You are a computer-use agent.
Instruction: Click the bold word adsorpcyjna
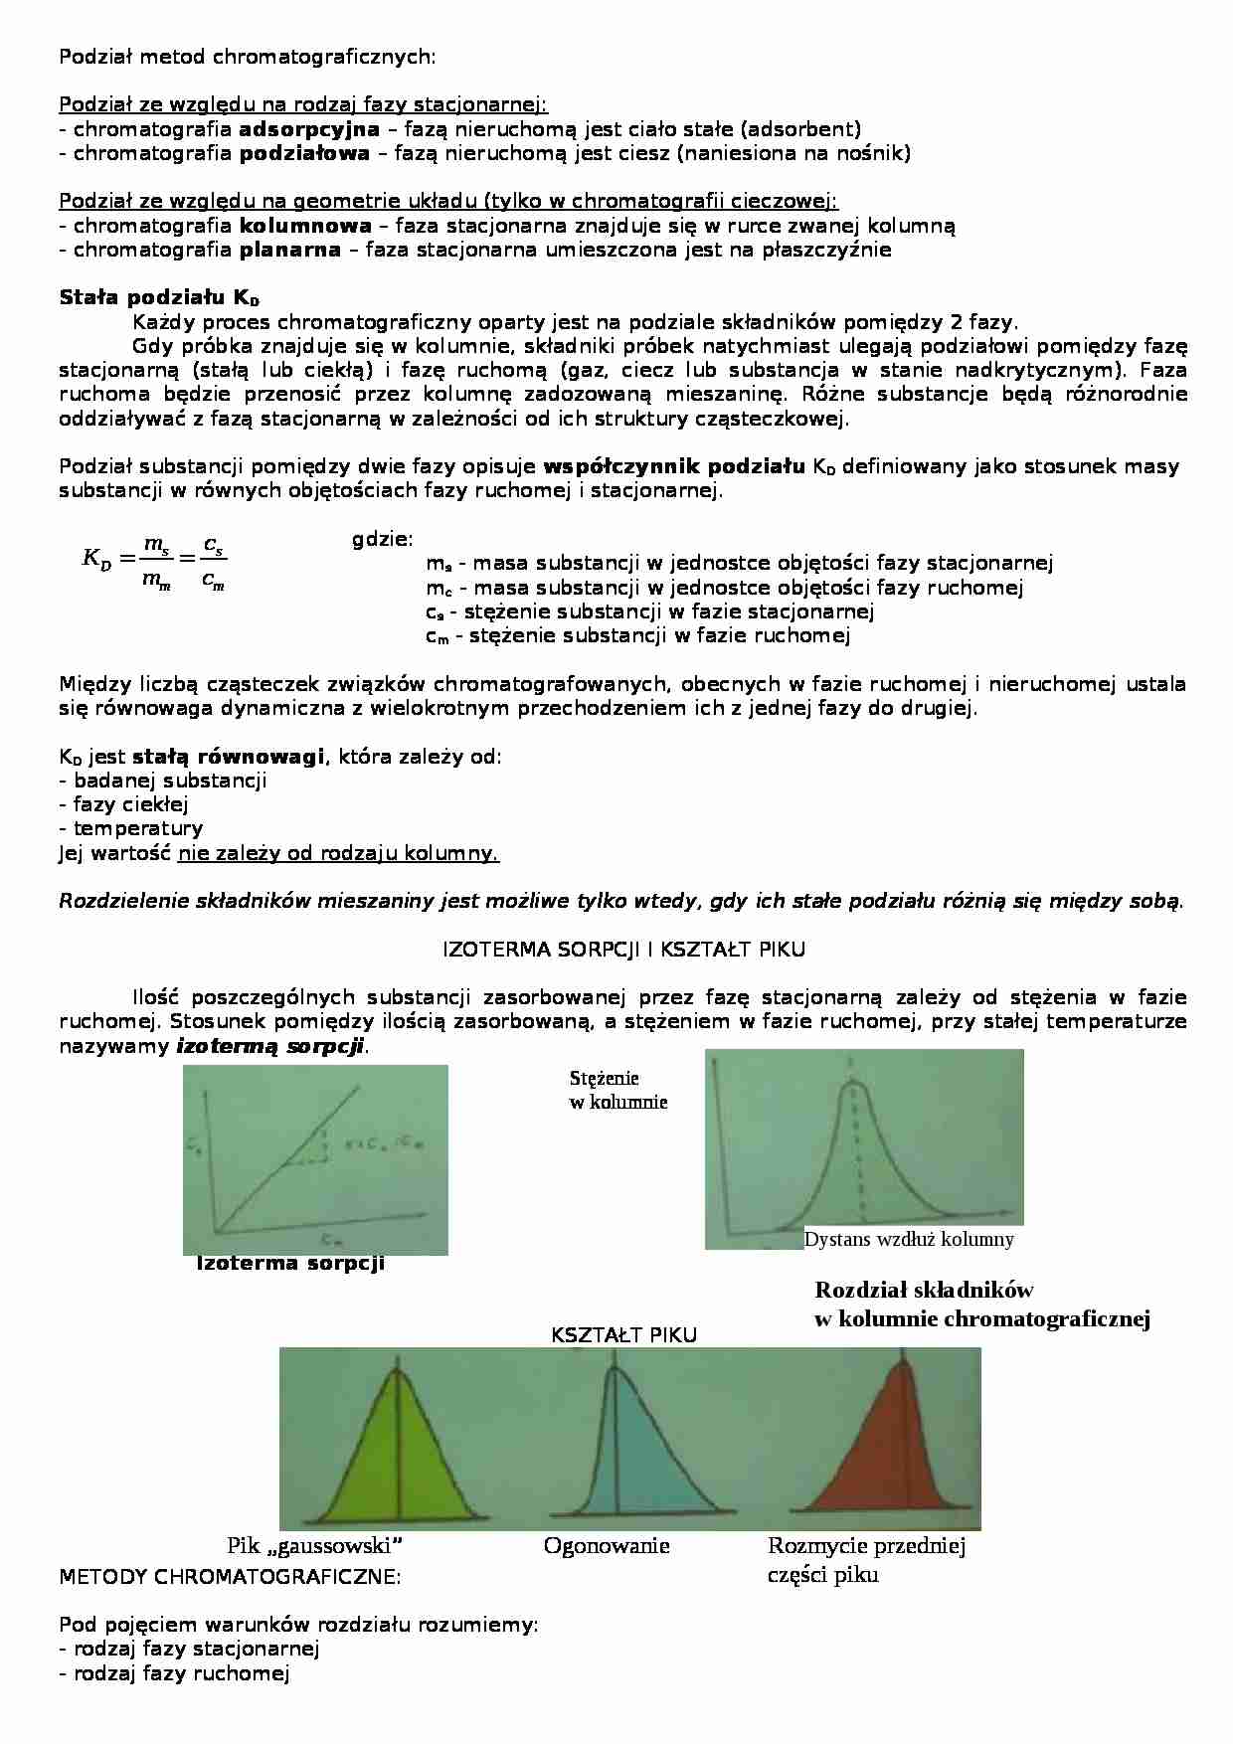309,129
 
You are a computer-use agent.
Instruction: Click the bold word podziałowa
304,153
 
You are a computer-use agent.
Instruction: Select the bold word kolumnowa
305,226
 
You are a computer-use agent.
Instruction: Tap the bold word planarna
289,250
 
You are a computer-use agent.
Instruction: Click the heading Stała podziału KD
159,297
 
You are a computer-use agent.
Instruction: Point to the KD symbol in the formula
96,560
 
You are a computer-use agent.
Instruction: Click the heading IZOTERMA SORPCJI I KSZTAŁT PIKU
623,950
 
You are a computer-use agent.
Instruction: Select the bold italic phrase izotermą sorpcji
270,1046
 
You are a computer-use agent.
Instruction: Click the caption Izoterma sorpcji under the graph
289,1264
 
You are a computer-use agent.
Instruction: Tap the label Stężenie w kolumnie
617,1090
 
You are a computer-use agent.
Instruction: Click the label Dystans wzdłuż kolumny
908,1239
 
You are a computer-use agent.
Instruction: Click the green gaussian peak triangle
398,1452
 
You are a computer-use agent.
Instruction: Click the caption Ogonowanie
607,1546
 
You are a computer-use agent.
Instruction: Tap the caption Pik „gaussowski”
314,1546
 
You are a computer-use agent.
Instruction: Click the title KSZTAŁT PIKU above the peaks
623,1335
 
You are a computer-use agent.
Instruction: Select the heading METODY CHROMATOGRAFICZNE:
230,1577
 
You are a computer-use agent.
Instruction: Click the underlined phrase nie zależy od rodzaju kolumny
338,853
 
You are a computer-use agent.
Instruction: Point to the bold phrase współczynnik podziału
674,467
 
